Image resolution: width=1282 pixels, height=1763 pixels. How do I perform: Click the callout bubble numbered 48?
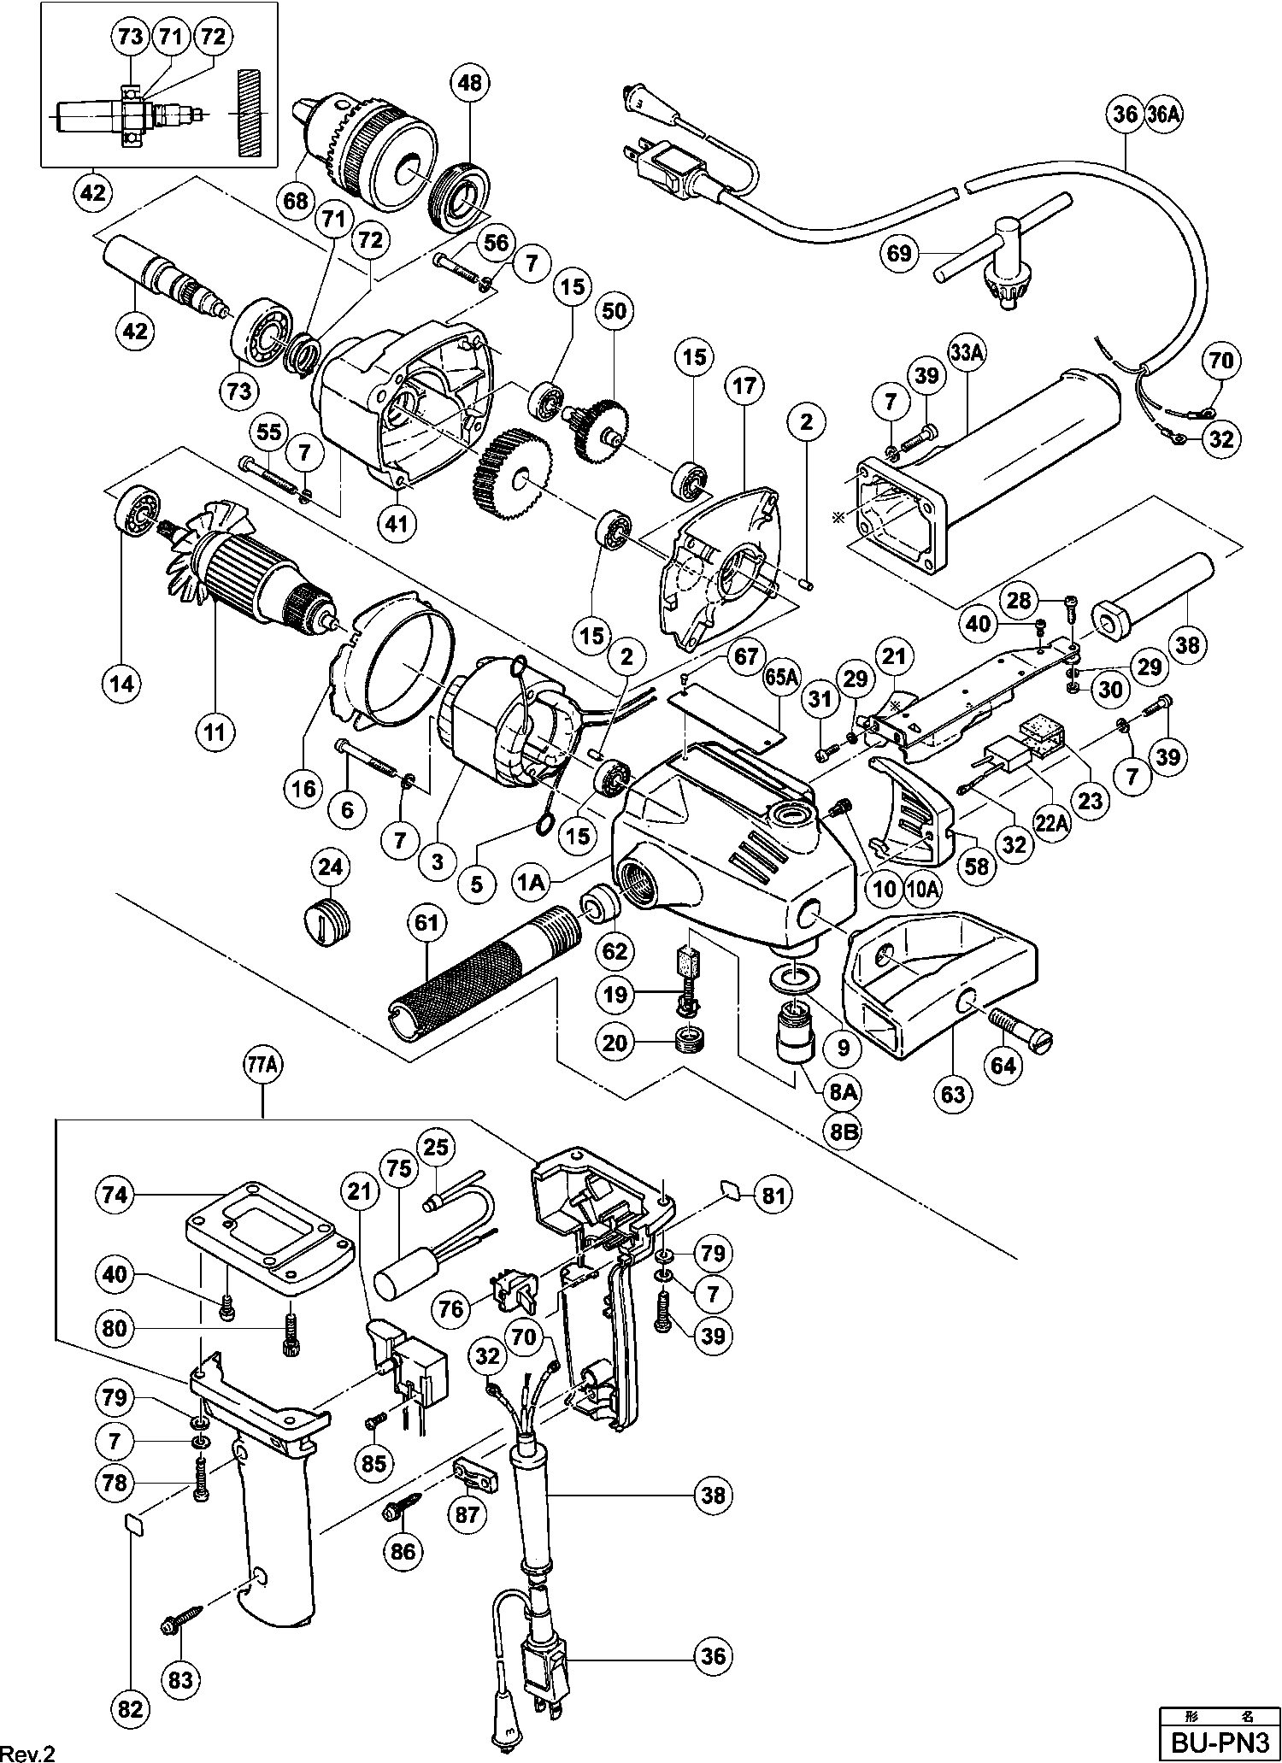point(469,83)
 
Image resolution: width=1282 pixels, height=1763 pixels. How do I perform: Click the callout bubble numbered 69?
point(901,253)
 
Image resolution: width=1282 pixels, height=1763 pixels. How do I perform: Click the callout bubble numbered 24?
point(331,868)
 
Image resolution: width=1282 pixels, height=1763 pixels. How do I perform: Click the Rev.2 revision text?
point(29,1751)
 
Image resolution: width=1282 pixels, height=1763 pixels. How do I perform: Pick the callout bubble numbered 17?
point(744,386)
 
